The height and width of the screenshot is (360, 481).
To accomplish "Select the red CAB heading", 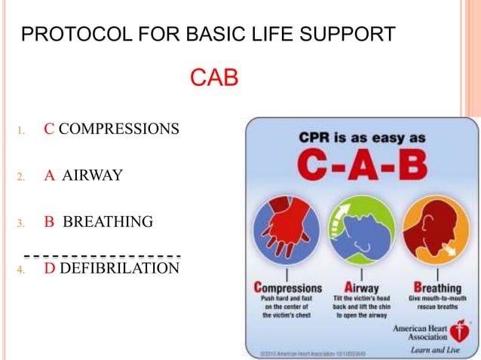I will pos(214,78).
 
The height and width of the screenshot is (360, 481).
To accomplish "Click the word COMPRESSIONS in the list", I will pos(118,129).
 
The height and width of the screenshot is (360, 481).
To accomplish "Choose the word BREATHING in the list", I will pos(108,222).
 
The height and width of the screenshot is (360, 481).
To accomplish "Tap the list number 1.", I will pos(21,130).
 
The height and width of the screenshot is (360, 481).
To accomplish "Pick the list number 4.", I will pos(21,269).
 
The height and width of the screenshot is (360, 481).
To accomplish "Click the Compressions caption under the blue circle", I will pos(288,288).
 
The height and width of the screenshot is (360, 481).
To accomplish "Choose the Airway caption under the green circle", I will pos(360,288).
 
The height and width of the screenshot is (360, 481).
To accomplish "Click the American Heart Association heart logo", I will pos(458,332).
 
